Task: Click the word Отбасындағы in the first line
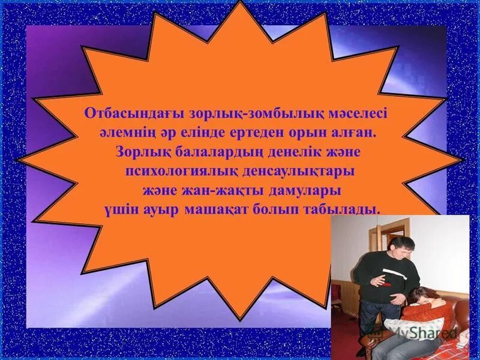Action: (x=124, y=113)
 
